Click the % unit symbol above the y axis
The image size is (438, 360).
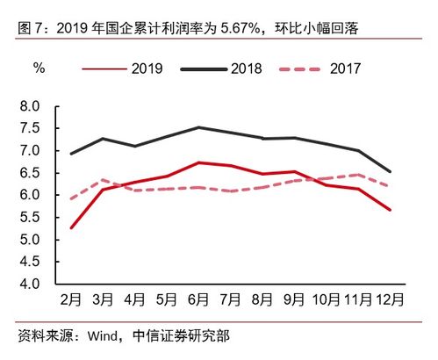(39, 68)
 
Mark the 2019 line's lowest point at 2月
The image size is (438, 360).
(70, 228)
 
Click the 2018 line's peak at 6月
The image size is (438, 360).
(199, 127)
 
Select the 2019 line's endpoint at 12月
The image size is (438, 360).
(390, 210)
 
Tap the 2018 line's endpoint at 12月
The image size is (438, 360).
(390, 171)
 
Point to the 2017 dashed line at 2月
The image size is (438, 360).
(70, 198)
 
